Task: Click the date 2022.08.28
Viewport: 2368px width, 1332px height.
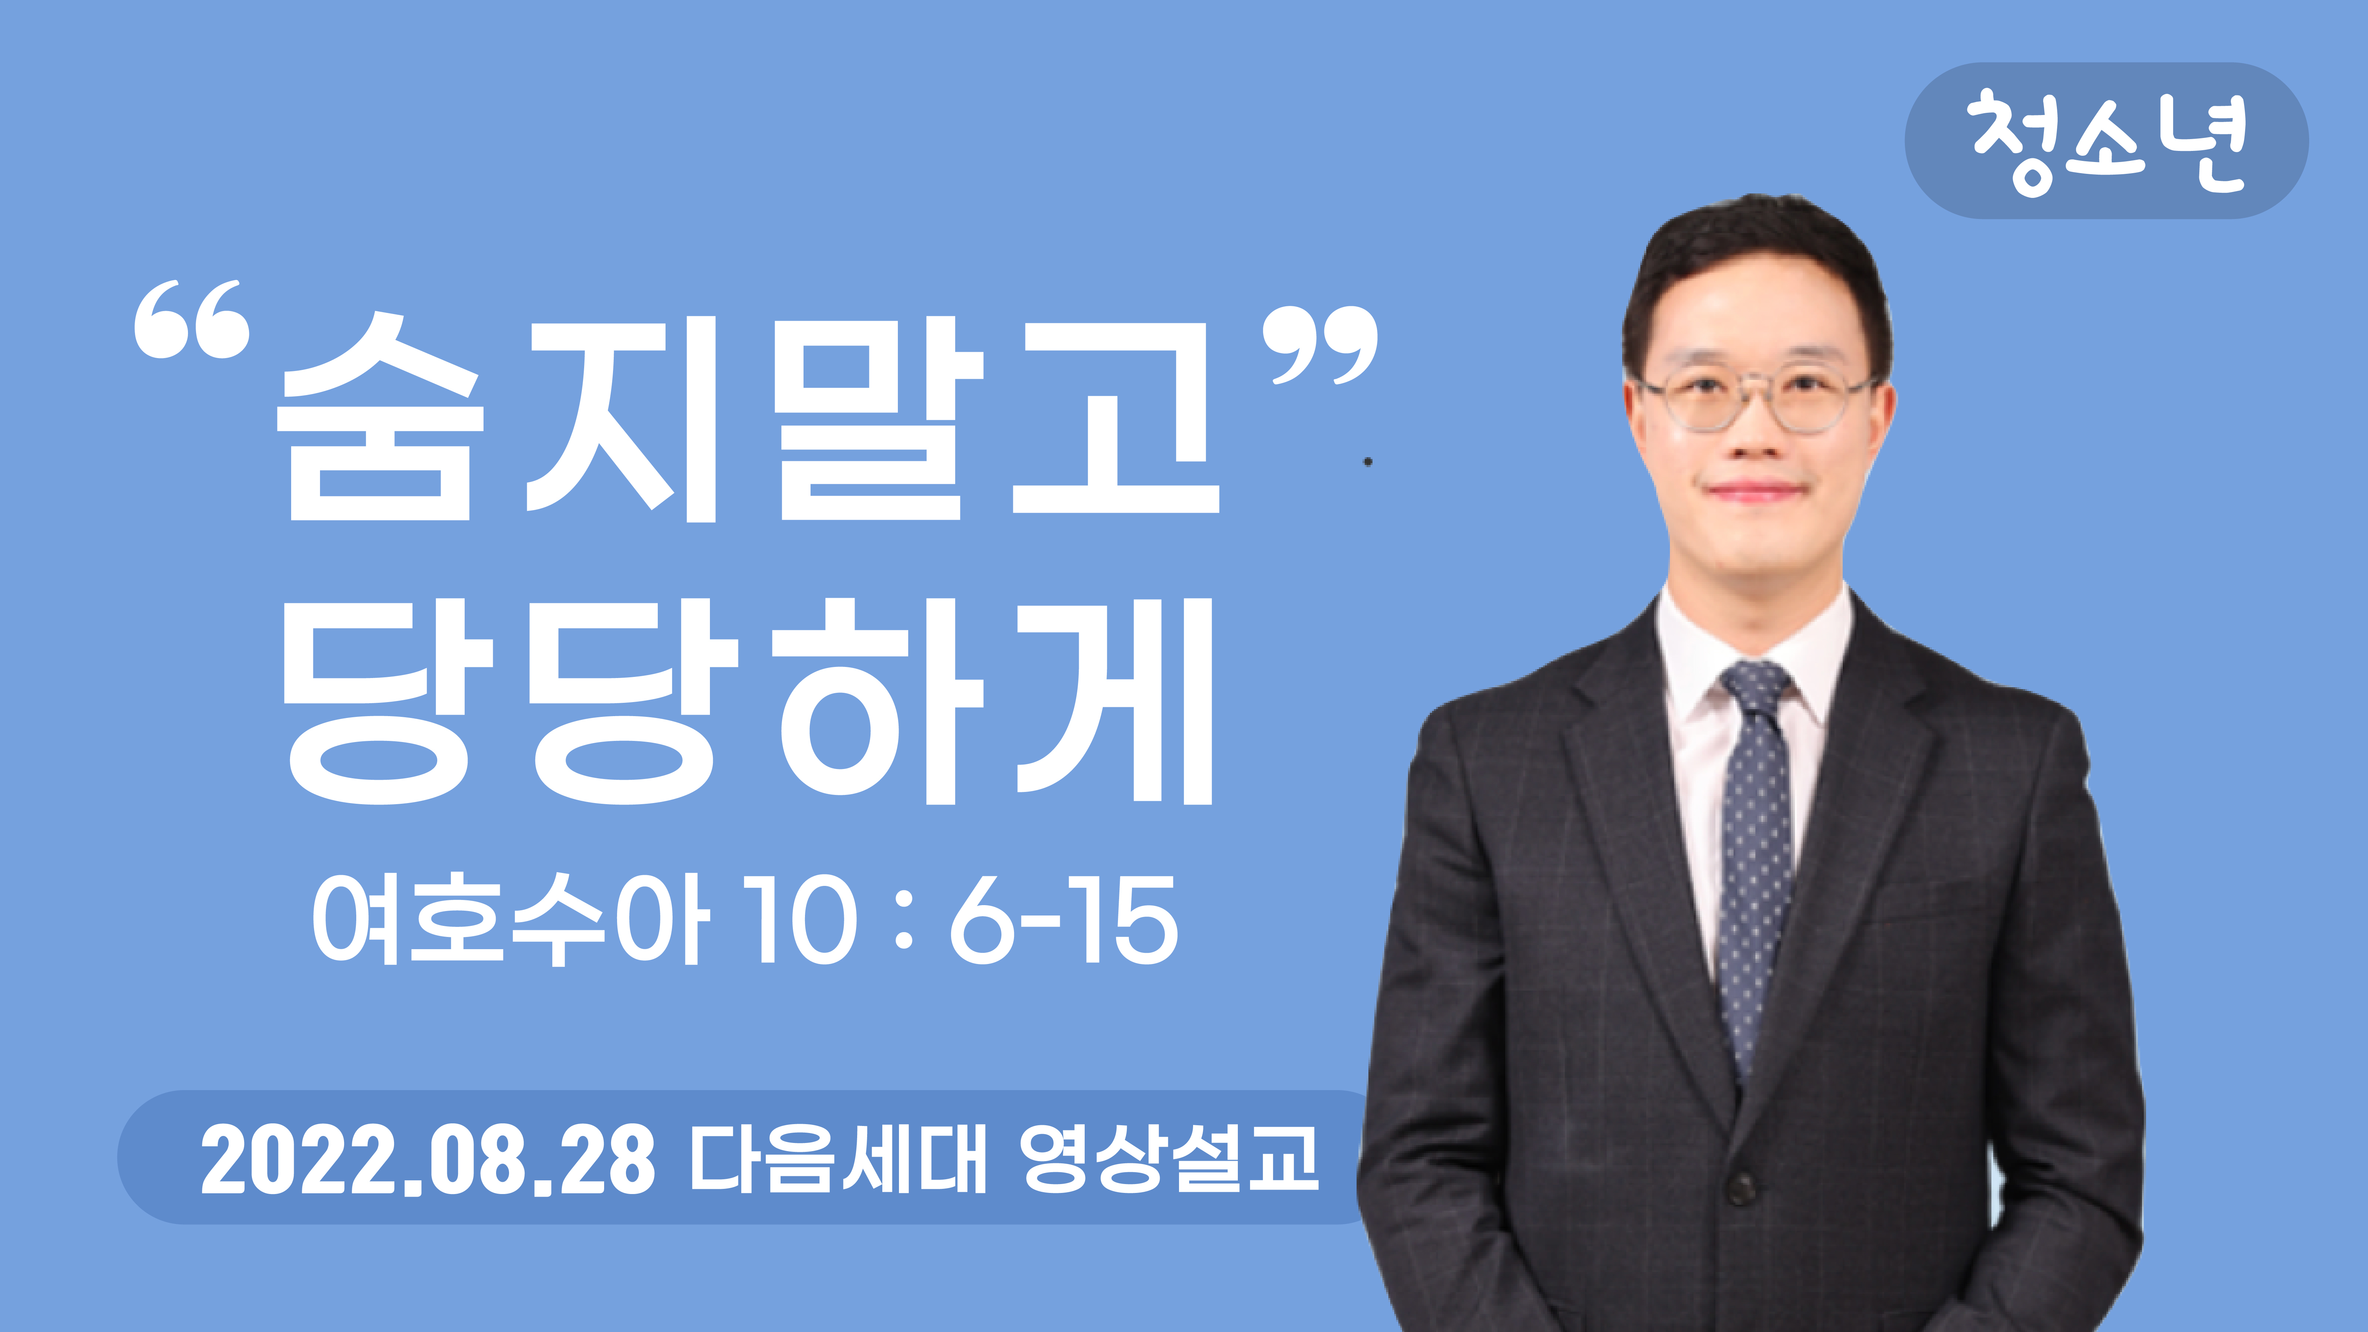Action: (x=427, y=1160)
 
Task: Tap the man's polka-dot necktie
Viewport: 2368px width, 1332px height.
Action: (x=1756, y=864)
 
